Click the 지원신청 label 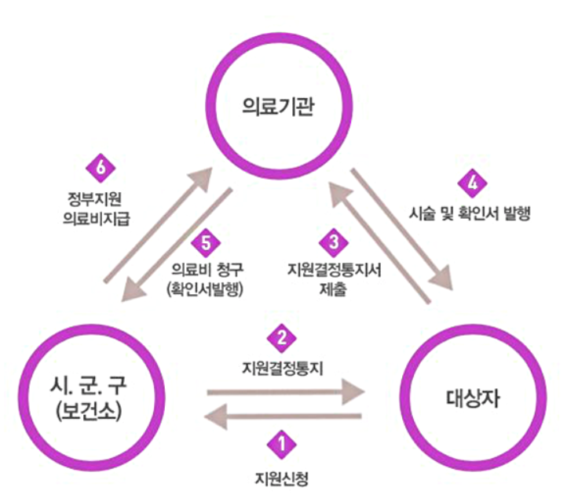[282, 476]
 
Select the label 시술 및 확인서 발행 [471, 213]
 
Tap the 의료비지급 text [97, 217]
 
